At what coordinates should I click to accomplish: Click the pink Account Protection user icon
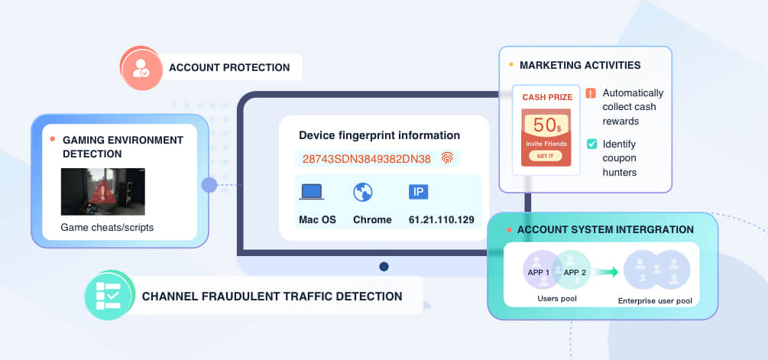141,68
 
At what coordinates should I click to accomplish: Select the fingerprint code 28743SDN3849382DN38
366,159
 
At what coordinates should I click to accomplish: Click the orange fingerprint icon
447,158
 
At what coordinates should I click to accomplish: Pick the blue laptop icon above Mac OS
312,192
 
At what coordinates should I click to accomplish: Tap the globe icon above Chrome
363,192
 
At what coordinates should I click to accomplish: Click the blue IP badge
418,192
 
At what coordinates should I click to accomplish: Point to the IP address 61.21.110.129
441,220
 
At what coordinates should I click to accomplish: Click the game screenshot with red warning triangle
103,192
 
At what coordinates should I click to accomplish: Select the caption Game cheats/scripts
107,228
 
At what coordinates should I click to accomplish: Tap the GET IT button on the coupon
545,156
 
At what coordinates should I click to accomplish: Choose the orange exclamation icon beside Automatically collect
591,93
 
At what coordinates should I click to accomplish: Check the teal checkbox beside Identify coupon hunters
591,144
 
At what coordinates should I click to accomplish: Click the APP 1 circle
542,269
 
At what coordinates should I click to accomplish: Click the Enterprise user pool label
655,300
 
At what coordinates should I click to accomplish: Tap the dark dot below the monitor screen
384,267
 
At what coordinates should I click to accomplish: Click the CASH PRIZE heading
547,97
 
